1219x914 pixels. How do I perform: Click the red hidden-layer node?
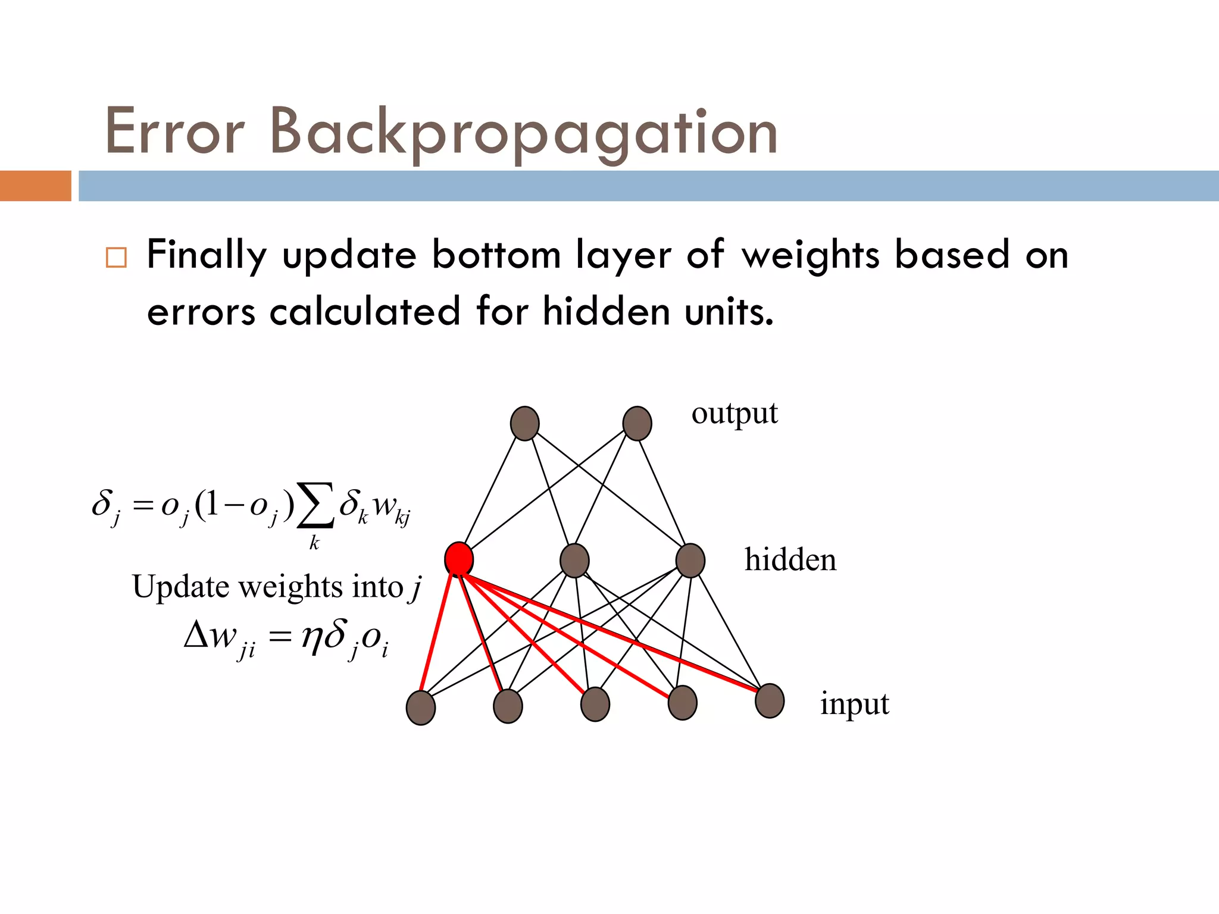click(x=459, y=559)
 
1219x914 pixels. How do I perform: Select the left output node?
click(x=524, y=424)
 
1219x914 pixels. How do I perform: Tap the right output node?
click(x=637, y=424)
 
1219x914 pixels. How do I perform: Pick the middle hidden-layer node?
click(x=574, y=561)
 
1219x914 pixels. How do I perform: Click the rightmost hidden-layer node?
click(x=690, y=561)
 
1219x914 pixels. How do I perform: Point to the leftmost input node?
click(x=420, y=708)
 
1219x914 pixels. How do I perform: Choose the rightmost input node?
click(x=770, y=701)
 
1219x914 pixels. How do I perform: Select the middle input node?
click(x=595, y=705)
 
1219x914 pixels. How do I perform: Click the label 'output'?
click(x=734, y=414)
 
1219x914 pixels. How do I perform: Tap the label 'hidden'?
click(x=790, y=560)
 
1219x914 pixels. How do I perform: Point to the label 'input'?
click(x=854, y=704)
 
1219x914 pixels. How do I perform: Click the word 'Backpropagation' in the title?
click(x=524, y=132)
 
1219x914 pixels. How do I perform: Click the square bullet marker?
click(x=116, y=258)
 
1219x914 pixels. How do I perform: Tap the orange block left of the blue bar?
click(x=35, y=186)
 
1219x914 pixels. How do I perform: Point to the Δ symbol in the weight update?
click(x=196, y=635)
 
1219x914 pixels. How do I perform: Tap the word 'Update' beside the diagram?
click(x=180, y=586)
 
